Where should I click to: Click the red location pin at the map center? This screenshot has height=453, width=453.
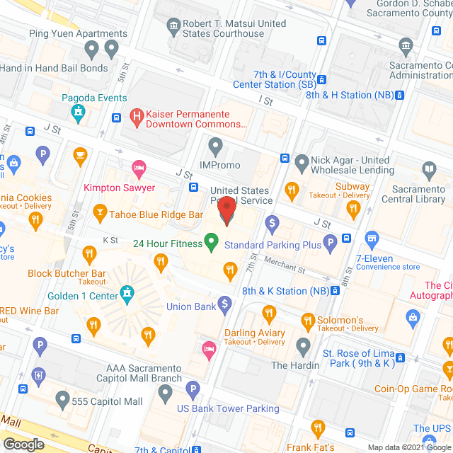coord(226,210)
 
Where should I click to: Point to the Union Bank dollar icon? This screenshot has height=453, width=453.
coord(224,306)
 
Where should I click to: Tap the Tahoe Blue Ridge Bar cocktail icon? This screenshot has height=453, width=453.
coord(101,212)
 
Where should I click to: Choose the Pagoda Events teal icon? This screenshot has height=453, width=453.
coord(78,110)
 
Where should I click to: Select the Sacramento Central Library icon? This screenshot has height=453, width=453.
coord(429,170)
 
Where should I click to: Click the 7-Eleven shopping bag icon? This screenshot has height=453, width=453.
coord(372,239)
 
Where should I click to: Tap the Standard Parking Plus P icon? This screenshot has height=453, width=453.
coord(329,245)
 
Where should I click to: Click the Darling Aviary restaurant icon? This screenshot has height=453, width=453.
coord(269,314)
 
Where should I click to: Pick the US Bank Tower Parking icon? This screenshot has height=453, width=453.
coord(193,389)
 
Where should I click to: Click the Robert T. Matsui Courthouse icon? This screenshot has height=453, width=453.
coord(173,27)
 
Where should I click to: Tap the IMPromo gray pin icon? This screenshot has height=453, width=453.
coord(216,147)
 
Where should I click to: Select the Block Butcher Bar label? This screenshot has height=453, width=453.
coord(67,273)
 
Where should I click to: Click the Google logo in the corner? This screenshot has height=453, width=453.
coord(23,444)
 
